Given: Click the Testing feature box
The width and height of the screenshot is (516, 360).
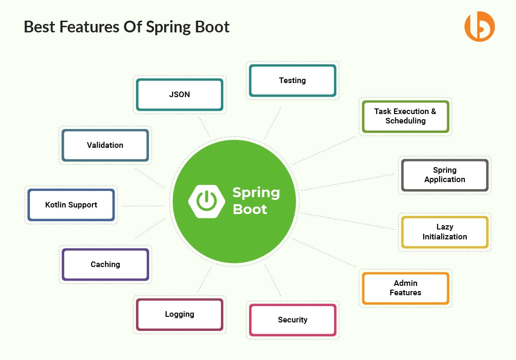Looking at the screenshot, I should point(292,81).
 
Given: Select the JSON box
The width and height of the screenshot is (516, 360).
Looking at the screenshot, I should point(179,95).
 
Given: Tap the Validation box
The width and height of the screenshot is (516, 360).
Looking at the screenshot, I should point(105,146).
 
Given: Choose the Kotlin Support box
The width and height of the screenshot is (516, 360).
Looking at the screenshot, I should point(71,205).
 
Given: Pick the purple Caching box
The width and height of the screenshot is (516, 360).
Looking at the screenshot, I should point(105,265).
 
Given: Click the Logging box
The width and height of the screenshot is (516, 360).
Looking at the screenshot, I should point(179,314).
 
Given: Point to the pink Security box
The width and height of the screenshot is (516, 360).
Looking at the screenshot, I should point(292,320).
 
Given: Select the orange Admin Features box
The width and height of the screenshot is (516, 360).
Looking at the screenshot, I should point(405,288).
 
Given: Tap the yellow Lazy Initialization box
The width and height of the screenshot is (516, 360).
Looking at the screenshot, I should point(444,232).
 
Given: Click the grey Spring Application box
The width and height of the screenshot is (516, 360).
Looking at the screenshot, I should point(444,175).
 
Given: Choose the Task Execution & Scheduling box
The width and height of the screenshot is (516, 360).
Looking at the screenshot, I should point(405,116).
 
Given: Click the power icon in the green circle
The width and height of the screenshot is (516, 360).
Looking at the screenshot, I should point(205,201).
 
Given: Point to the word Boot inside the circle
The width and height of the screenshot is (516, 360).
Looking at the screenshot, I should point(250,209).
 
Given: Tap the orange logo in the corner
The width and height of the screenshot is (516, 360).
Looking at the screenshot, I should point(479,27).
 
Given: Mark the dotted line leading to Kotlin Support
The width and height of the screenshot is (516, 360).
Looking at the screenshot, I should point(141,206).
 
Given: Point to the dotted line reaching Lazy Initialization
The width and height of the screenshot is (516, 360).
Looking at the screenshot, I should point(347,221).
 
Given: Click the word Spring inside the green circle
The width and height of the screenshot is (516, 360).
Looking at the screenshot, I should point(256,192).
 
